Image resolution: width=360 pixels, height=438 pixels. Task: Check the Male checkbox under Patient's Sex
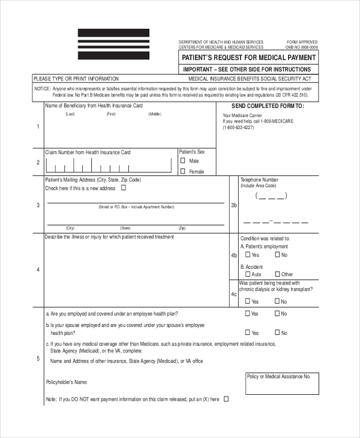tap(183, 161)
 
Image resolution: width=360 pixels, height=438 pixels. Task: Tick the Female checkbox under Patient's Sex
tap(183, 172)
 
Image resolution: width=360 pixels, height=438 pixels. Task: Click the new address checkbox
tap(124, 188)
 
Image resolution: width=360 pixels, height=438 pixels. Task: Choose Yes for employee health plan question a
tap(247, 313)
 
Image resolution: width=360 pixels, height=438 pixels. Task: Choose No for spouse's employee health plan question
tap(277, 332)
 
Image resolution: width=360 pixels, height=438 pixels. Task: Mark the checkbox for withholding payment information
tap(226, 398)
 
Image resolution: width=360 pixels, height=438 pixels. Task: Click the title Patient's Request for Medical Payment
tap(248, 58)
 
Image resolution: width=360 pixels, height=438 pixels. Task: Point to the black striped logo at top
tap(113, 43)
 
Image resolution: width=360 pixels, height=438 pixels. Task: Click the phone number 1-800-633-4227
tap(239, 127)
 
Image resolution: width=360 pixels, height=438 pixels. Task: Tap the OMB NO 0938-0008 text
tap(302, 47)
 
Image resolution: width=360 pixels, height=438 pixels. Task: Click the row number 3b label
tap(234, 205)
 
